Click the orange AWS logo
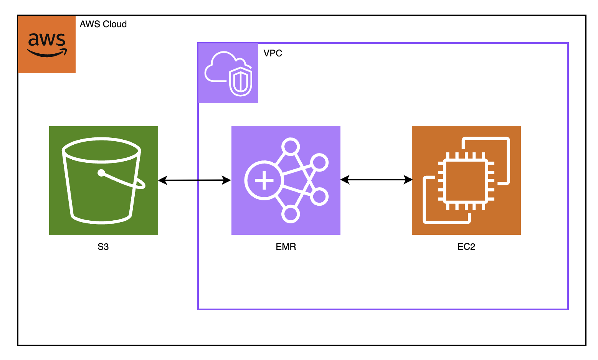click(x=47, y=44)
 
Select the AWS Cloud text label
click(x=103, y=24)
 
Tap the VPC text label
click(x=273, y=53)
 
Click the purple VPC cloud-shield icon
click(x=228, y=73)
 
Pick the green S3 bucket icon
click(x=104, y=180)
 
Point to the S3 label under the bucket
click(x=103, y=247)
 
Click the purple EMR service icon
click(x=286, y=180)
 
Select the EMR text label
click(x=286, y=247)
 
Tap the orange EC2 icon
click(x=466, y=180)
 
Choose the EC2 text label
click(x=466, y=247)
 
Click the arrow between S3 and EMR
click(x=195, y=180)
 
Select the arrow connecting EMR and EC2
click(x=376, y=179)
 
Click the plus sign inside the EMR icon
click(x=264, y=180)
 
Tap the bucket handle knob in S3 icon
click(x=101, y=173)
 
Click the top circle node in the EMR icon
click(x=290, y=146)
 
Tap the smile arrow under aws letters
click(x=47, y=53)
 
